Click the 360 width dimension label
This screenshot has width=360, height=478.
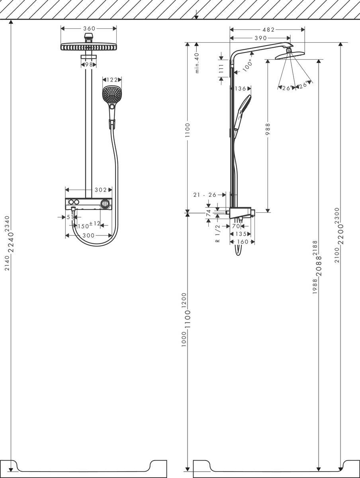[x=88, y=28]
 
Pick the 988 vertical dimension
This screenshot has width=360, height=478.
[x=268, y=129]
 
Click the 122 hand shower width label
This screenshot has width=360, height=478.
[x=112, y=80]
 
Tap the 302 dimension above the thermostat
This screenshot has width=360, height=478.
[x=101, y=190]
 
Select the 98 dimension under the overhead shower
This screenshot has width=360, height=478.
[x=88, y=65]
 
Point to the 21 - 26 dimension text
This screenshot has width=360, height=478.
[x=205, y=195]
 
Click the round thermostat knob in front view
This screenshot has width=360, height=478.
[x=105, y=204]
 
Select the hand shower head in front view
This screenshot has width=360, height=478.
[x=111, y=94]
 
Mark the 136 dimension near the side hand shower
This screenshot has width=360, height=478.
[x=241, y=89]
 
